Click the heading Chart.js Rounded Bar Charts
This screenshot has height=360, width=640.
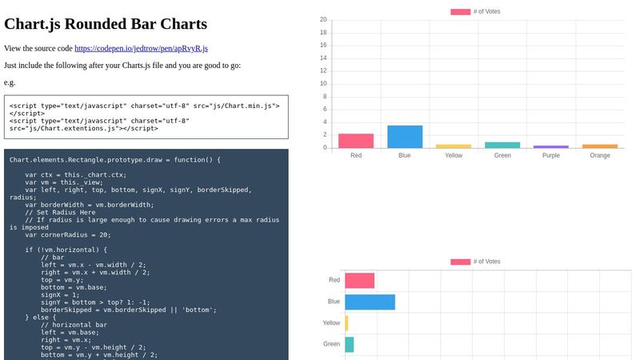tap(106, 24)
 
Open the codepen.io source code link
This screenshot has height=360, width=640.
tap(141, 49)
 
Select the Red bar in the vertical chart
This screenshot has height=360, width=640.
tap(356, 141)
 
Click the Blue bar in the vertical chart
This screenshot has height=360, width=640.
tap(405, 137)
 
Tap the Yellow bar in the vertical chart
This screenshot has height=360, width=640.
tap(454, 146)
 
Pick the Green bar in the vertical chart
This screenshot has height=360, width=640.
tap(502, 145)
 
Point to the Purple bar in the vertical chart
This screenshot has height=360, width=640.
tap(551, 146)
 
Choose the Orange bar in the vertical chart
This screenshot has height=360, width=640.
tap(600, 146)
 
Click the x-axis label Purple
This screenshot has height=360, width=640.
tap(551, 156)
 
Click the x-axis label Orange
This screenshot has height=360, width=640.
tap(600, 156)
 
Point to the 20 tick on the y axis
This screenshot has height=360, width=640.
tap(322, 20)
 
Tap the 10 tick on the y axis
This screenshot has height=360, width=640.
tap(322, 84)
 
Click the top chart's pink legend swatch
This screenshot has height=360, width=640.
tap(460, 12)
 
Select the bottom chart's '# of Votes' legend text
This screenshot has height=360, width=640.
tap(486, 262)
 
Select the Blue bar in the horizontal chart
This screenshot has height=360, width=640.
tap(370, 302)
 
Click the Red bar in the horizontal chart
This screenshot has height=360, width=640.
tap(360, 281)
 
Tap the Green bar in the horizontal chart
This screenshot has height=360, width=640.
tap(350, 344)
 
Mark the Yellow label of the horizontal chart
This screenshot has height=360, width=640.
tap(331, 323)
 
